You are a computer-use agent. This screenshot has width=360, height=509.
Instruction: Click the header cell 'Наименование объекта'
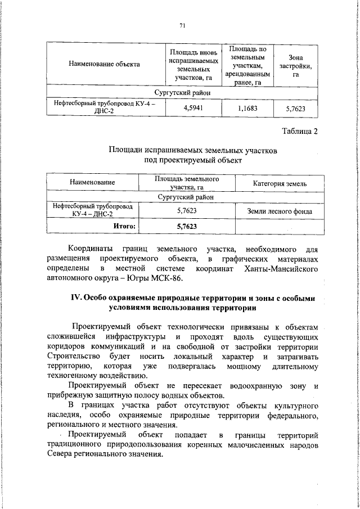click(x=104, y=64)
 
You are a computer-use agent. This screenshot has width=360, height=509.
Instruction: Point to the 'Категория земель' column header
click(x=280, y=183)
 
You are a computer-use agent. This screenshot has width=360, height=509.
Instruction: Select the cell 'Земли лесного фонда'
click(x=280, y=211)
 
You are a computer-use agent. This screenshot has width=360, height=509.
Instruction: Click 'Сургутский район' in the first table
click(x=183, y=92)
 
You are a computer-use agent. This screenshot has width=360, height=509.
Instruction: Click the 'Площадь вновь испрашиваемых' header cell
click(x=193, y=64)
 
